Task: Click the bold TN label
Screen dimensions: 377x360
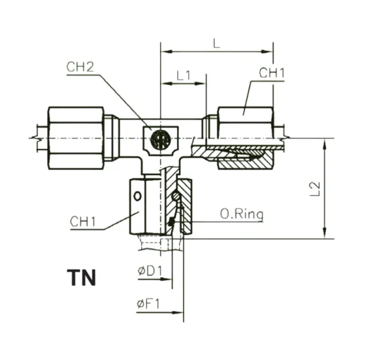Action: [x=82, y=278]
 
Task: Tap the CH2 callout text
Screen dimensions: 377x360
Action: [x=80, y=67]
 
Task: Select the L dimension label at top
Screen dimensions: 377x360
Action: [x=216, y=44]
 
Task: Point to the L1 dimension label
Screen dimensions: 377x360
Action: [x=183, y=75]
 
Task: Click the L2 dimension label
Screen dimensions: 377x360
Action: [x=315, y=188]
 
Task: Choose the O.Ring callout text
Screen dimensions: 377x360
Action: [x=242, y=214]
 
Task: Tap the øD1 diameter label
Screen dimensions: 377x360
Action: [x=150, y=271]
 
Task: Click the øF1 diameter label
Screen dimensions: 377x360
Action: [x=148, y=304]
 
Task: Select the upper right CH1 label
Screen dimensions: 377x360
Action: [x=271, y=73]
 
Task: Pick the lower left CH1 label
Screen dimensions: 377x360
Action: [x=83, y=221]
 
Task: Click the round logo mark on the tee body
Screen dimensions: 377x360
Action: [x=160, y=139]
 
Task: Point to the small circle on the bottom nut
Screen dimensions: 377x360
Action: [x=137, y=196]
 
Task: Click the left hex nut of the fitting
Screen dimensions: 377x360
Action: [x=76, y=138]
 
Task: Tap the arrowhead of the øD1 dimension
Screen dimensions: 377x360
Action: [x=167, y=279]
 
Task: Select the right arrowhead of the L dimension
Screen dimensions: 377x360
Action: [x=267, y=52]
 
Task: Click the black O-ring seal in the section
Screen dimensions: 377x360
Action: [x=171, y=222]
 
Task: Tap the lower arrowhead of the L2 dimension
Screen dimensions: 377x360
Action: [x=325, y=233]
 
